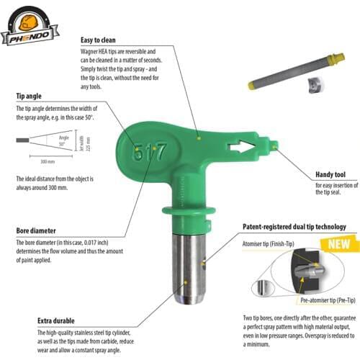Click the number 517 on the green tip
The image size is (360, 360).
coord(148,153)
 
